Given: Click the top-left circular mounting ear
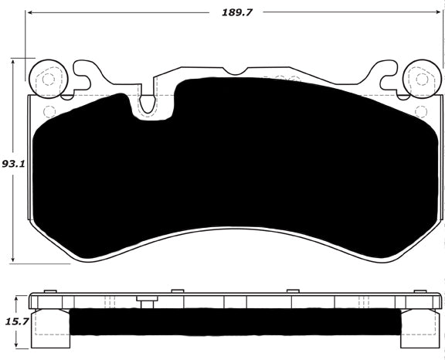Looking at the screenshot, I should point(46,78).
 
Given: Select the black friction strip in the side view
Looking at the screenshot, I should point(232,324).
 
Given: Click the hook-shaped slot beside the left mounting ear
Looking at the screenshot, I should point(83,76).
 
